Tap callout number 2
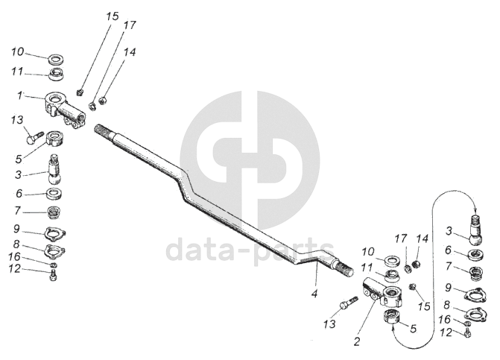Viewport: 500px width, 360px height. [358, 342]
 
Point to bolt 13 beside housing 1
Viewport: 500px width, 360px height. [34, 136]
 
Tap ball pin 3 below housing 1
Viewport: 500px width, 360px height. [54, 169]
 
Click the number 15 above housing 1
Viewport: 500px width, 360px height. [112, 16]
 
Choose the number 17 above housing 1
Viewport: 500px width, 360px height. [130, 25]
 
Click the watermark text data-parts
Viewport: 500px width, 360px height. [250, 250]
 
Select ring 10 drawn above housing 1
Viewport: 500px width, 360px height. [55, 57]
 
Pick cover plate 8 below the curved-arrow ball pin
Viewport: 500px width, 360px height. [475, 314]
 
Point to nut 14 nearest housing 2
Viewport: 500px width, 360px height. [418, 265]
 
